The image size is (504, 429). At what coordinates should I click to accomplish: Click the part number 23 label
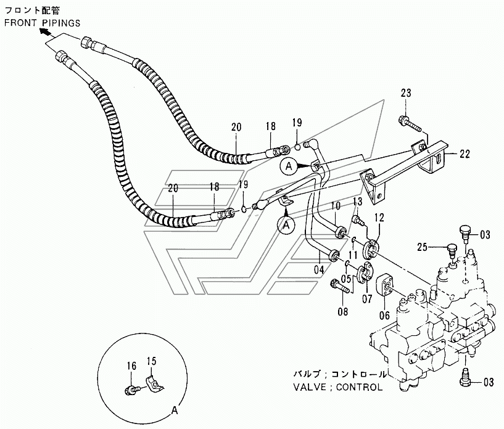coord(405,94)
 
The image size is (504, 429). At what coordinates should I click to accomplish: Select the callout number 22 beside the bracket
coord(465,153)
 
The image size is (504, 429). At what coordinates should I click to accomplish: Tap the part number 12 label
coord(378,217)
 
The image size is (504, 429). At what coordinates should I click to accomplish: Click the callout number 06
coord(384,315)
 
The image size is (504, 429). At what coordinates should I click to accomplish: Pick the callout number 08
coord(343,312)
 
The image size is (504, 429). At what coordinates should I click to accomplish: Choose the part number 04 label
coord(319,269)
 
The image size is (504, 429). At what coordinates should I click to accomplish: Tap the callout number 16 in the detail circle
coord(131,366)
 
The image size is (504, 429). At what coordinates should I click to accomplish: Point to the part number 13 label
coord(357,203)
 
